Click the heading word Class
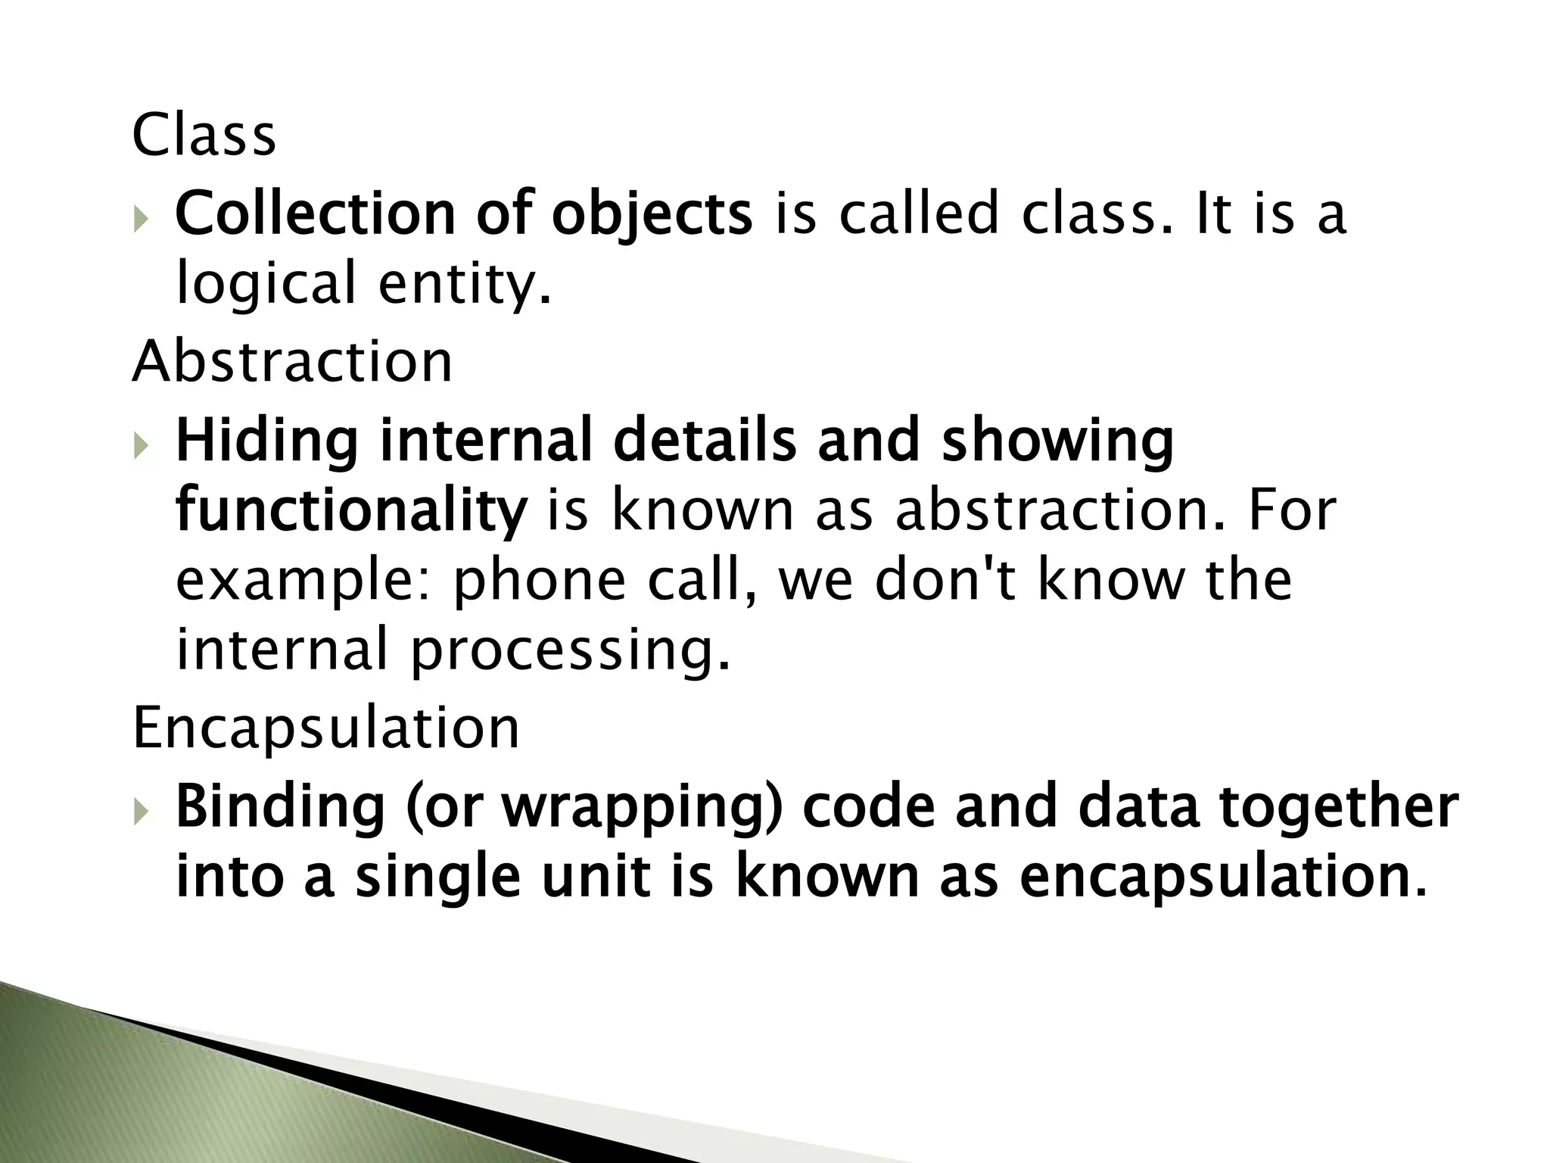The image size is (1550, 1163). [x=204, y=136]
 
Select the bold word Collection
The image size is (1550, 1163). [x=315, y=214]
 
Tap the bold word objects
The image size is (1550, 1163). [x=652, y=215]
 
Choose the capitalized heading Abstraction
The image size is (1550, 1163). [x=292, y=361]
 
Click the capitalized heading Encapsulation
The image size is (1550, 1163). [x=326, y=728]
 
